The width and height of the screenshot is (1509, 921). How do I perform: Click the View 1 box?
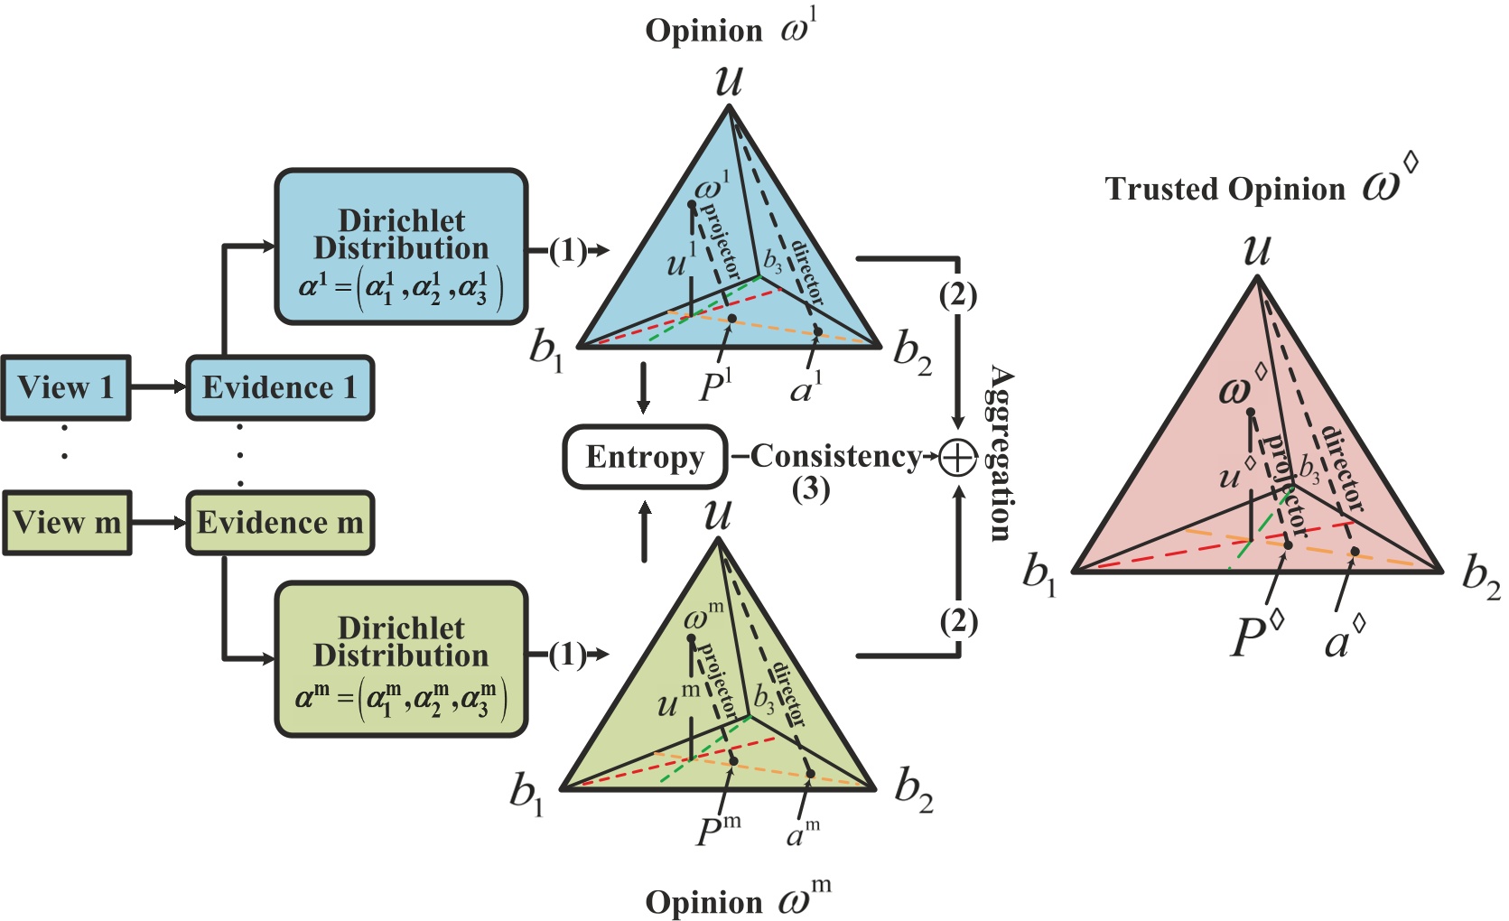[65, 387]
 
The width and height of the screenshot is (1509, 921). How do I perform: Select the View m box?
[67, 522]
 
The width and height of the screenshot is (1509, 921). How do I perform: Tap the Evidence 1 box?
[279, 387]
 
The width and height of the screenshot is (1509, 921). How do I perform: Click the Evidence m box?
[279, 522]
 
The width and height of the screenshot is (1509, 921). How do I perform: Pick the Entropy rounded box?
[644, 457]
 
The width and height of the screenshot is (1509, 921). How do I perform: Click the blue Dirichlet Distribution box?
[401, 247]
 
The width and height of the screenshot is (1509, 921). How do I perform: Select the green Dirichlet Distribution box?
[401, 659]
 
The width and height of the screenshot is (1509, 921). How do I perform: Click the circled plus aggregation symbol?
[957, 457]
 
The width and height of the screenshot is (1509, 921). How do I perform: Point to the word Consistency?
[835, 456]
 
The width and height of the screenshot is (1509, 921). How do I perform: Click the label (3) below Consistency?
[810, 488]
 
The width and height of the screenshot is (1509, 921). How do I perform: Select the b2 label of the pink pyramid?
[1481, 578]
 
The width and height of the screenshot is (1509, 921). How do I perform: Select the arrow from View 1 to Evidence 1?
[158, 387]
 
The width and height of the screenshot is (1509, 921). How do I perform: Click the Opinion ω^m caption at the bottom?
[736, 900]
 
